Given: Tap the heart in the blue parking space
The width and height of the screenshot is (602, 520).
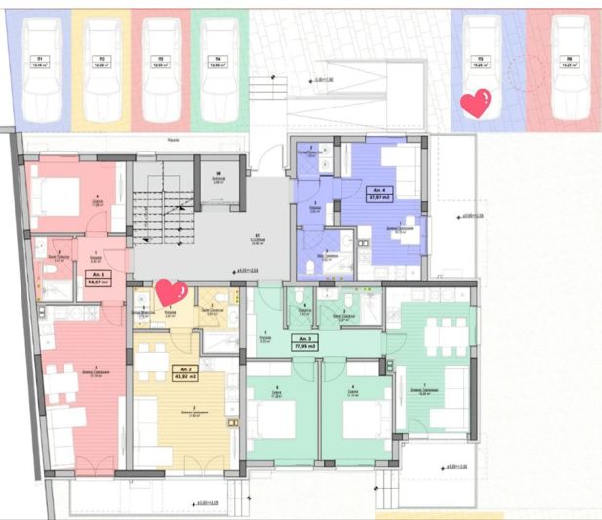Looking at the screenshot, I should [x=476, y=104].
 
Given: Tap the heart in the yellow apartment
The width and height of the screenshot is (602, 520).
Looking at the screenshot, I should [x=171, y=291].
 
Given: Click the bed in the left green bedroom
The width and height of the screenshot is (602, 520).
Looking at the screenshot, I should [x=274, y=420].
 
